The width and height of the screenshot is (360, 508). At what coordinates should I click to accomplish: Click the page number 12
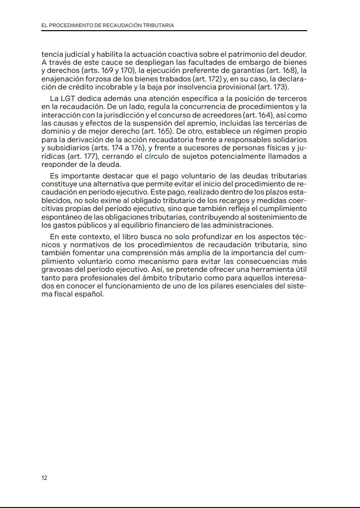[44, 478]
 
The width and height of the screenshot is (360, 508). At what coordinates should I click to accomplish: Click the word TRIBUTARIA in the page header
[158, 26]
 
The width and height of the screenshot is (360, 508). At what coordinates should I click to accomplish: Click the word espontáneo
[63, 217]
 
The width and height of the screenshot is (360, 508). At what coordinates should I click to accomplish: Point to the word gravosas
[57, 269]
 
